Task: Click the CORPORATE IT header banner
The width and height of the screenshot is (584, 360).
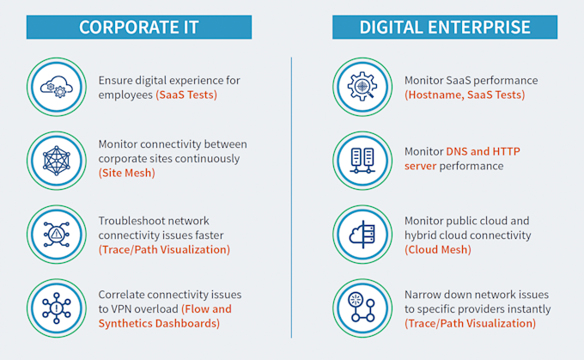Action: tap(138, 26)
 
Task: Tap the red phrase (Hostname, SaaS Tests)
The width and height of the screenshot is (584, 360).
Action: tap(465, 95)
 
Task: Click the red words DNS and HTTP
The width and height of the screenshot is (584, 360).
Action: tap(483, 152)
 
